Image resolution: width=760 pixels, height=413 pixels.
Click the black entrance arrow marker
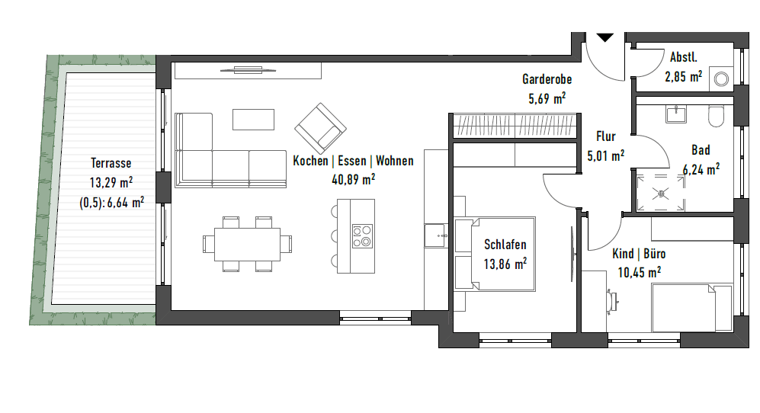[605, 37]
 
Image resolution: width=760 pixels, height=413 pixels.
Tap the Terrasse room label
[111, 163]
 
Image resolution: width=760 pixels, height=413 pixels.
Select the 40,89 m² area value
[353, 179]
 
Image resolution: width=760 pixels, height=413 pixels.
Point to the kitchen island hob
[363, 236]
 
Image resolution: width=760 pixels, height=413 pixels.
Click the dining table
[247, 244]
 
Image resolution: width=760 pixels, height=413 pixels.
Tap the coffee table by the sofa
[253, 119]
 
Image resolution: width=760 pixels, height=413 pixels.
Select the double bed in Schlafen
[495, 254]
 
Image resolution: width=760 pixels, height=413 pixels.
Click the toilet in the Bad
[717, 115]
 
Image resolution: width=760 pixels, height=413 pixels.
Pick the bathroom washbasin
[676, 114]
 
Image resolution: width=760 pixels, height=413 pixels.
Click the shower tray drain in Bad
[660, 194]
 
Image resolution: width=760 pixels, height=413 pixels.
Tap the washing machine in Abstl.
[721, 78]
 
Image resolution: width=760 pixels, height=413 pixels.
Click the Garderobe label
[547, 79]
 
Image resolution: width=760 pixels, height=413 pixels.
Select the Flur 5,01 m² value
[605, 155]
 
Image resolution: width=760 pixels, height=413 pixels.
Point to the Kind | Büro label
[639, 254]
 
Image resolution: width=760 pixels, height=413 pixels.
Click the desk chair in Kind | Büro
[611, 300]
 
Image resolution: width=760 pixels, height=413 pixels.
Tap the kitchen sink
[436, 235]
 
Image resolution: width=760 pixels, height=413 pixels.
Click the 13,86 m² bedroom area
[505, 264]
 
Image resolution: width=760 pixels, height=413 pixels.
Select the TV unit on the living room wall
[248, 70]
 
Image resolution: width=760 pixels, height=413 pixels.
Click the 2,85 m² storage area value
[684, 77]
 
